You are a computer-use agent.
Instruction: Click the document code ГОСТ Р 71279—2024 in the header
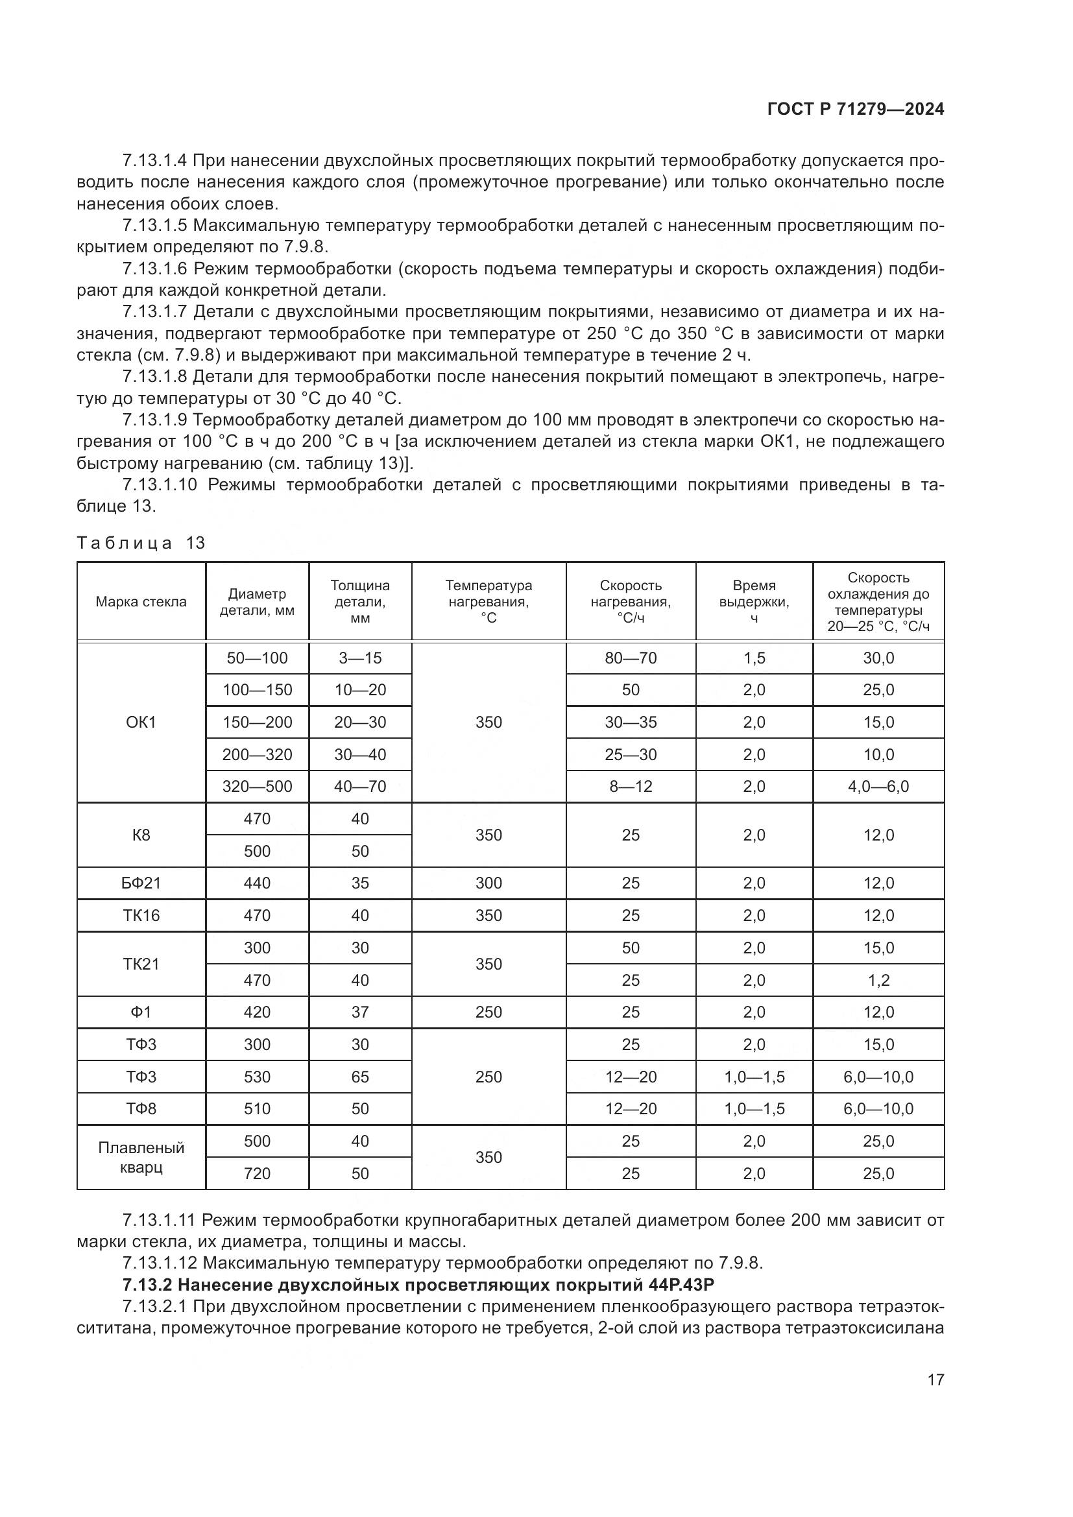coord(855,109)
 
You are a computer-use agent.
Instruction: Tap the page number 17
coord(935,1380)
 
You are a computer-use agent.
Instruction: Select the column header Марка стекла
coord(141,601)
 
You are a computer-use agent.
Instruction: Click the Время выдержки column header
coord(754,601)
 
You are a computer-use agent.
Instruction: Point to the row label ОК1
coord(141,722)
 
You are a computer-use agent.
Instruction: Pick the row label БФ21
coord(141,883)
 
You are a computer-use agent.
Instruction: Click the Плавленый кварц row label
coord(141,1157)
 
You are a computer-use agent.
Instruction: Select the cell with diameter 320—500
coord(257,786)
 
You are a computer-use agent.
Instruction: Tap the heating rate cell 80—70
coord(631,658)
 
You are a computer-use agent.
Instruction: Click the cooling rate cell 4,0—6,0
coord(878,786)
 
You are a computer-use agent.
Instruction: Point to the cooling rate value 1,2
coord(878,980)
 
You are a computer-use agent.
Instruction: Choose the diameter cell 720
coord(257,1173)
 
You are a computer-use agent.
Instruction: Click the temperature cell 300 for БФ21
coord(488,883)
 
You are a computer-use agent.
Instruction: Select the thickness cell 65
coord(360,1077)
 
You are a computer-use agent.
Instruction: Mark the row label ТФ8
coord(141,1108)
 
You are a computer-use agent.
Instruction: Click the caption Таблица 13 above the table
coord(141,543)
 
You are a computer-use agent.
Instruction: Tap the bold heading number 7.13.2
coord(147,1285)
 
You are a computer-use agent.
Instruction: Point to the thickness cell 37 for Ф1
coord(360,1012)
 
